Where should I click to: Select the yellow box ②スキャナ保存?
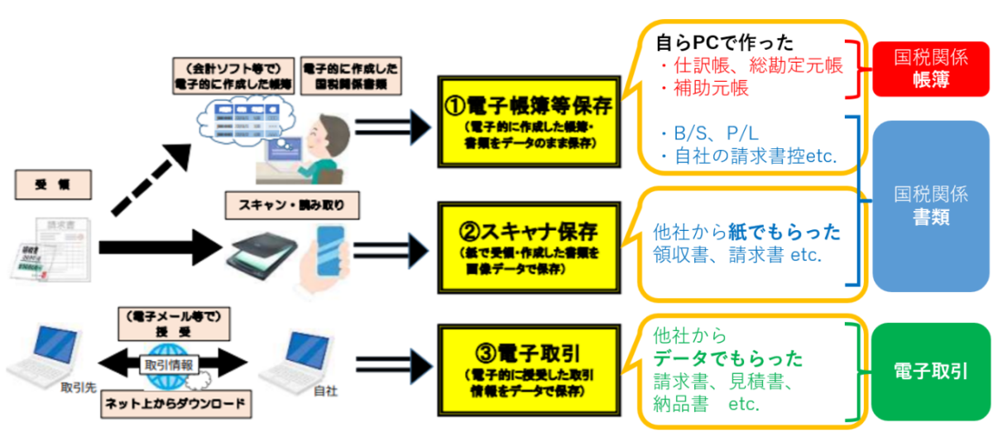click(x=527, y=241)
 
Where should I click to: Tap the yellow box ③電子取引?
click(x=527, y=367)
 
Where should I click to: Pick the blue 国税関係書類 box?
click(x=931, y=206)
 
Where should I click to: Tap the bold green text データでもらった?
click(x=728, y=359)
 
